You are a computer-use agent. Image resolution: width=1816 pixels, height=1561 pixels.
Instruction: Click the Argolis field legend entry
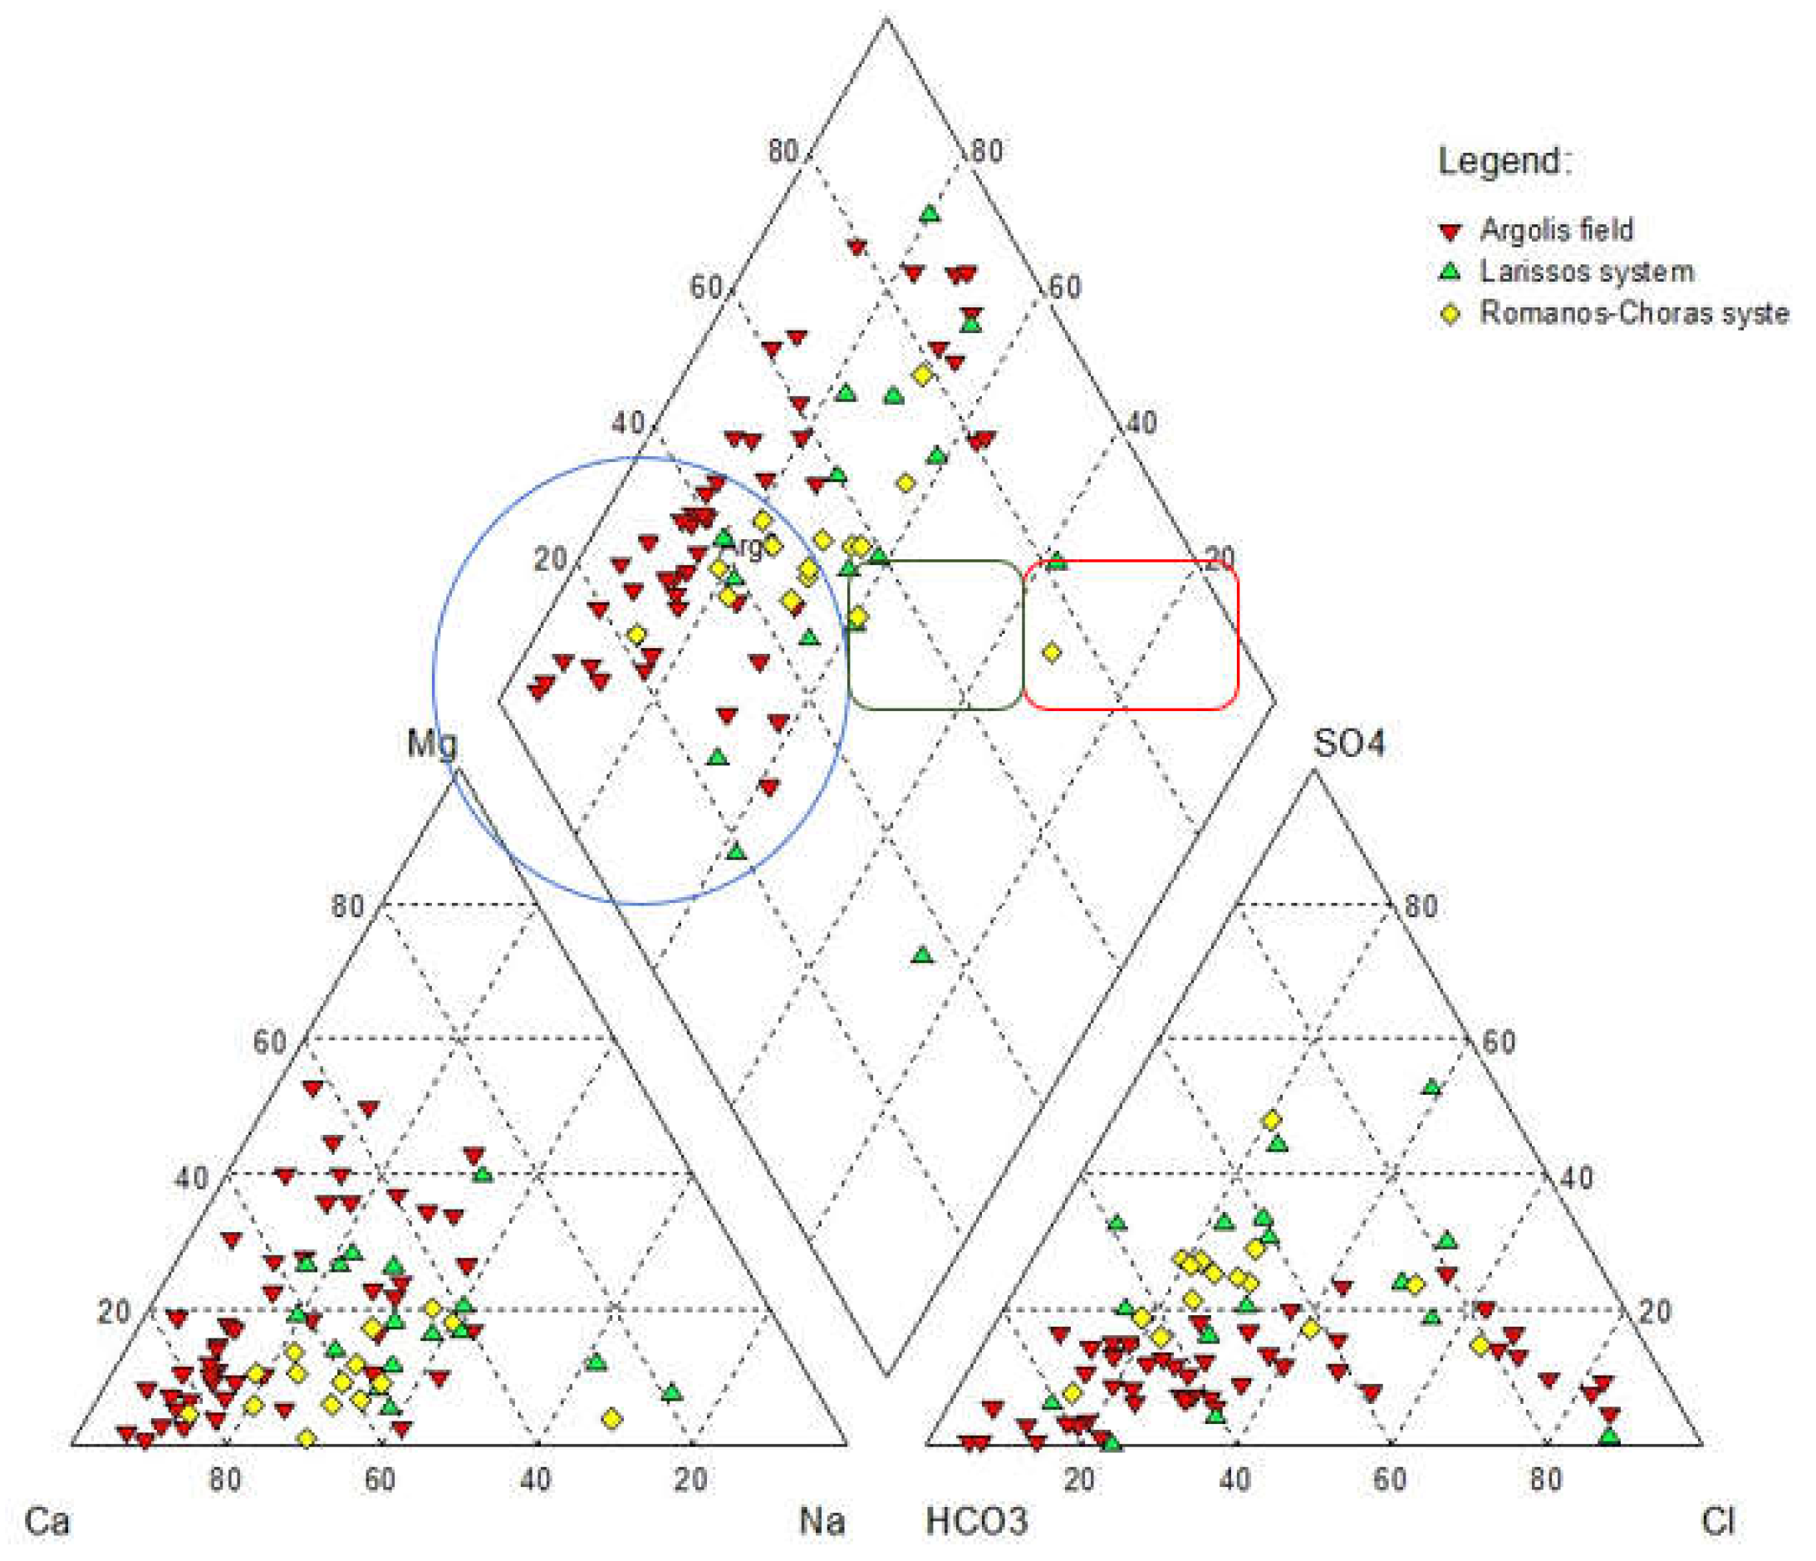pos(1556,229)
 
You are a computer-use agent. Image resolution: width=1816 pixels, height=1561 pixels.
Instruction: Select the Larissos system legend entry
pos(1586,271)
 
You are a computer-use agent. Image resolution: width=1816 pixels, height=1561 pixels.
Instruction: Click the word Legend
pos(1504,160)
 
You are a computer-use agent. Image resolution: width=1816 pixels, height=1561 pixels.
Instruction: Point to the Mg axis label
pos(432,744)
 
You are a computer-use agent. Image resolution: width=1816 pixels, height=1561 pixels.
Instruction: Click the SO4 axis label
pos(1349,744)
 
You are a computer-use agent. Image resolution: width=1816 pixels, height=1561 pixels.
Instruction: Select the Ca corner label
pos(47,1519)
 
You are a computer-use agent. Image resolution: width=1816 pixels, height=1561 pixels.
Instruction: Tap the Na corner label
pos(822,1519)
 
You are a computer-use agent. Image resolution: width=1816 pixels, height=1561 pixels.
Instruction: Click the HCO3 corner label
pos(976,1519)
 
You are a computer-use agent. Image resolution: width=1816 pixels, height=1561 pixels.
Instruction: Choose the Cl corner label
pos(1717,1519)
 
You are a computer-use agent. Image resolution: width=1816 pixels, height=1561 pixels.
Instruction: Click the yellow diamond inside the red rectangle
pos(1052,652)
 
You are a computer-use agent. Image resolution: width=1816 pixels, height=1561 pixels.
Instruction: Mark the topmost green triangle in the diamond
pos(930,213)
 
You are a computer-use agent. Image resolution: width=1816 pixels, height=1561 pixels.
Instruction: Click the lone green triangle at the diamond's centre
pos(921,955)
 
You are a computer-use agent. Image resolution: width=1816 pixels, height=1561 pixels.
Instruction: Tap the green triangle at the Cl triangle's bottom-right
pos(1609,1436)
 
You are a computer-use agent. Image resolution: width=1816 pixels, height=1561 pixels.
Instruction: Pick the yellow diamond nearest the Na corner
pos(612,1418)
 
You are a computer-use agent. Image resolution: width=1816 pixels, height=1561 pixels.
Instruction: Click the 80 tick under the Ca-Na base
pos(225,1479)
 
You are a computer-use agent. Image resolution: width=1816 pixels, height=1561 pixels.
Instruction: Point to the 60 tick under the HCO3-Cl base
pos(1390,1479)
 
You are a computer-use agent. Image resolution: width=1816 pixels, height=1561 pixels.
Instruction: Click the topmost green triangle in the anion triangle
pos(1431,1087)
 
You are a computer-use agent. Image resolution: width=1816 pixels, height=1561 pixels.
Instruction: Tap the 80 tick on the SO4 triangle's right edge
pos(1421,906)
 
